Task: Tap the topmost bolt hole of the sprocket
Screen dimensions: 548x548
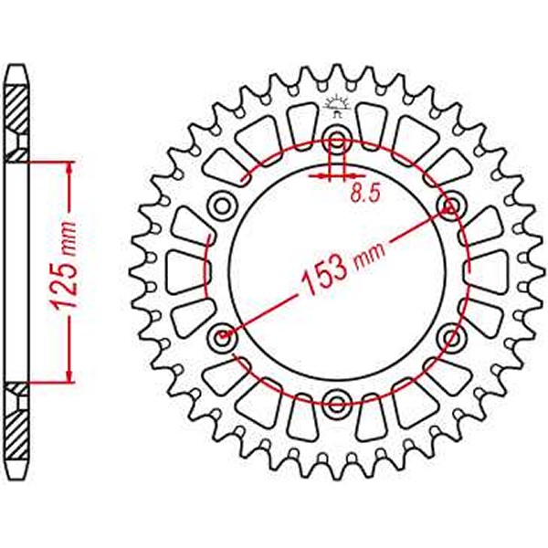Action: click(336, 141)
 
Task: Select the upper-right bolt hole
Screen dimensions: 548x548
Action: click(449, 205)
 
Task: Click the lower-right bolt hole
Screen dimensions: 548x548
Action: click(450, 339)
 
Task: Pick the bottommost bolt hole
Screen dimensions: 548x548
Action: click(336, 403)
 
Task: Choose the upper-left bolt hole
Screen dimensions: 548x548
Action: click(222, 205)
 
